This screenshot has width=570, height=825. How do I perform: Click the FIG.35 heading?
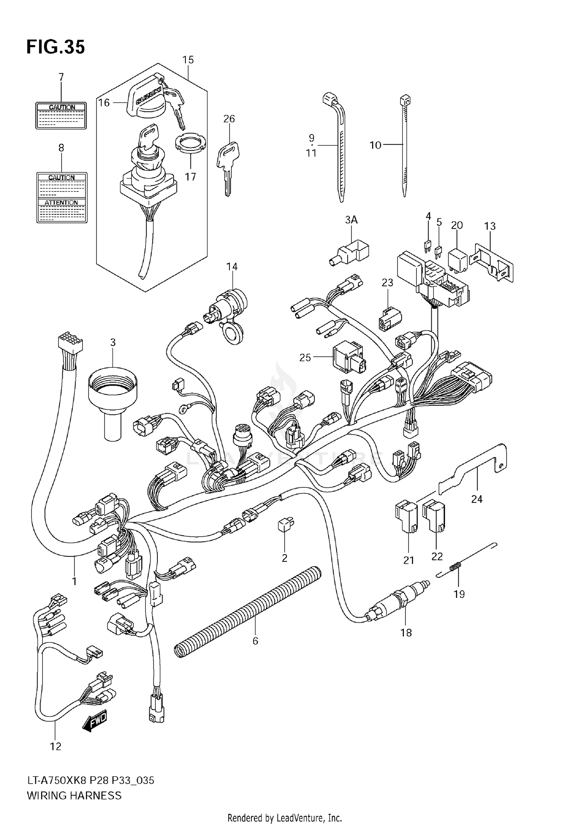click(x=55, y=47)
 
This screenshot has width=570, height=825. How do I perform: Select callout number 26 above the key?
click(x=229, y=119)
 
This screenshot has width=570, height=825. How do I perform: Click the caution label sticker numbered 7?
click(x=61, y=115)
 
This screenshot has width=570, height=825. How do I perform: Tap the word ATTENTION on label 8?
click(x=61, y=202)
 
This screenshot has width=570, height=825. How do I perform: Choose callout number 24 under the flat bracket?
click(x=477, y=499)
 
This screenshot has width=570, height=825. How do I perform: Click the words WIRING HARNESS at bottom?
click(x=74, y=795)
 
